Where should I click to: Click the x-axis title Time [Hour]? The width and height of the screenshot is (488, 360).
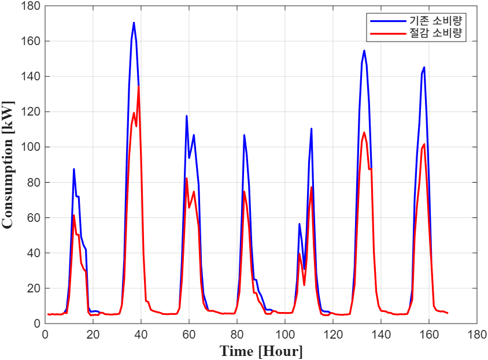261,350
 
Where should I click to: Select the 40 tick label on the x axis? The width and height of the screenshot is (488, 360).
141,334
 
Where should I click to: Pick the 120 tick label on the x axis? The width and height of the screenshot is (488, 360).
333,334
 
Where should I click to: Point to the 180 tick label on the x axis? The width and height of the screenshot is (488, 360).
477,334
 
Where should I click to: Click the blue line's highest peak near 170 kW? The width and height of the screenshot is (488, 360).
134,23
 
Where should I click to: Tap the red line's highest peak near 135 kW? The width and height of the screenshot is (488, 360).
139,86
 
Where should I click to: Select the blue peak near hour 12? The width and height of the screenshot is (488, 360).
74,169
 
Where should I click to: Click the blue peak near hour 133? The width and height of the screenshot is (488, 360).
364,50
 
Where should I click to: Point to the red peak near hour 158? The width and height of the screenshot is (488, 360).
424,144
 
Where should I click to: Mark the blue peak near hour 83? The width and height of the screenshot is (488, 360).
244,135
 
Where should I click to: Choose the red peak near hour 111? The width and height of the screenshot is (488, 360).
311,187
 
